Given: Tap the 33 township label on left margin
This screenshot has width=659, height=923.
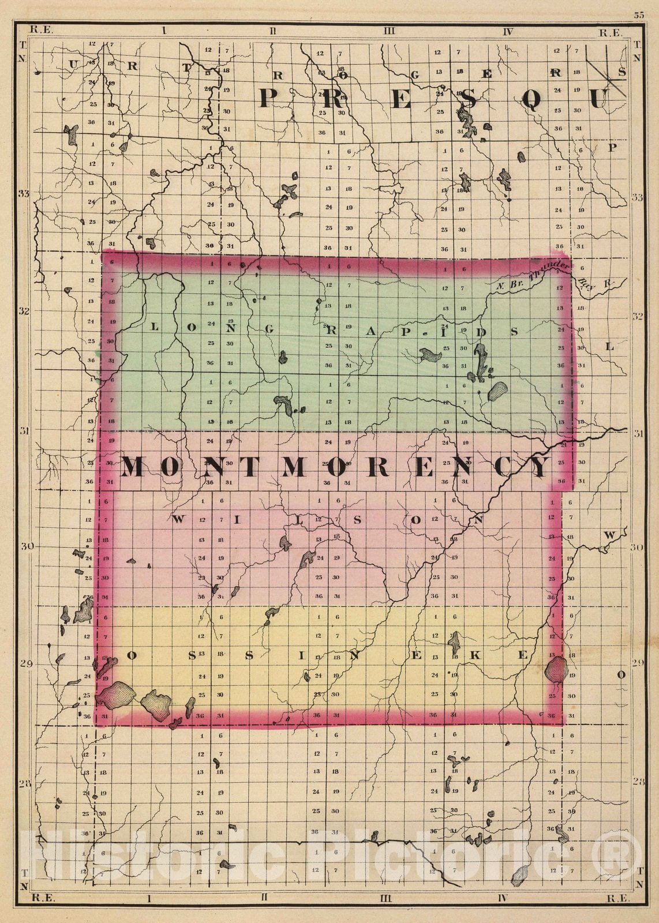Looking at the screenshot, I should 23,193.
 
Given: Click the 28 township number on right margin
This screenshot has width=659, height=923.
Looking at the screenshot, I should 638,782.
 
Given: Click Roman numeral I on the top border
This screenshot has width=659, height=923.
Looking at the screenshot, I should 164,31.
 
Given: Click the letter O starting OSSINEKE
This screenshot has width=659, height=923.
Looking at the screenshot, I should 131,655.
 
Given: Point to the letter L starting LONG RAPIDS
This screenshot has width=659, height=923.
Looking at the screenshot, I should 154,326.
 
